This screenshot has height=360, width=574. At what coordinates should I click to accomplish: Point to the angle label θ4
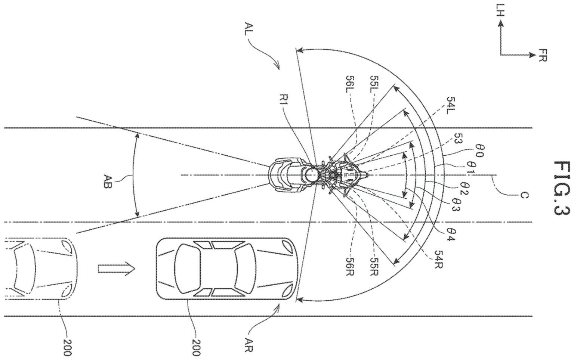click(450, 237)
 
